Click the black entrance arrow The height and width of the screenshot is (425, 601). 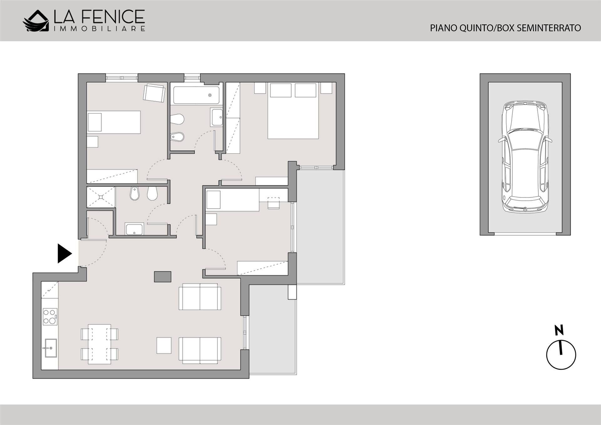click(64, 253)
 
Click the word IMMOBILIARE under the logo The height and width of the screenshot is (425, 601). click(100, 29)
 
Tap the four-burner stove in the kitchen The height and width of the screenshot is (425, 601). click(50, 317)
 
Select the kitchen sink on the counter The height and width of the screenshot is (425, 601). click(50, 348)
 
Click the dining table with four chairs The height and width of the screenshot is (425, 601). click(100, 344)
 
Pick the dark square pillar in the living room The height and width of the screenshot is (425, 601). click(163, 277)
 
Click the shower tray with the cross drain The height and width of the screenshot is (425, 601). click(101, 197)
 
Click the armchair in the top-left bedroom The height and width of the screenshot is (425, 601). click(154, 93)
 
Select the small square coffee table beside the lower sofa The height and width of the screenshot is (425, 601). click(164, 346)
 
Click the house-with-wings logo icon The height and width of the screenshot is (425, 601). click(36, 21)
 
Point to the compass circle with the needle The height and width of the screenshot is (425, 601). click(561, 355)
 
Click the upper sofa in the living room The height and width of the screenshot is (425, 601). click(200, 297)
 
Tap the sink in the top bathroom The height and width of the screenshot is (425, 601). click(217, 117)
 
